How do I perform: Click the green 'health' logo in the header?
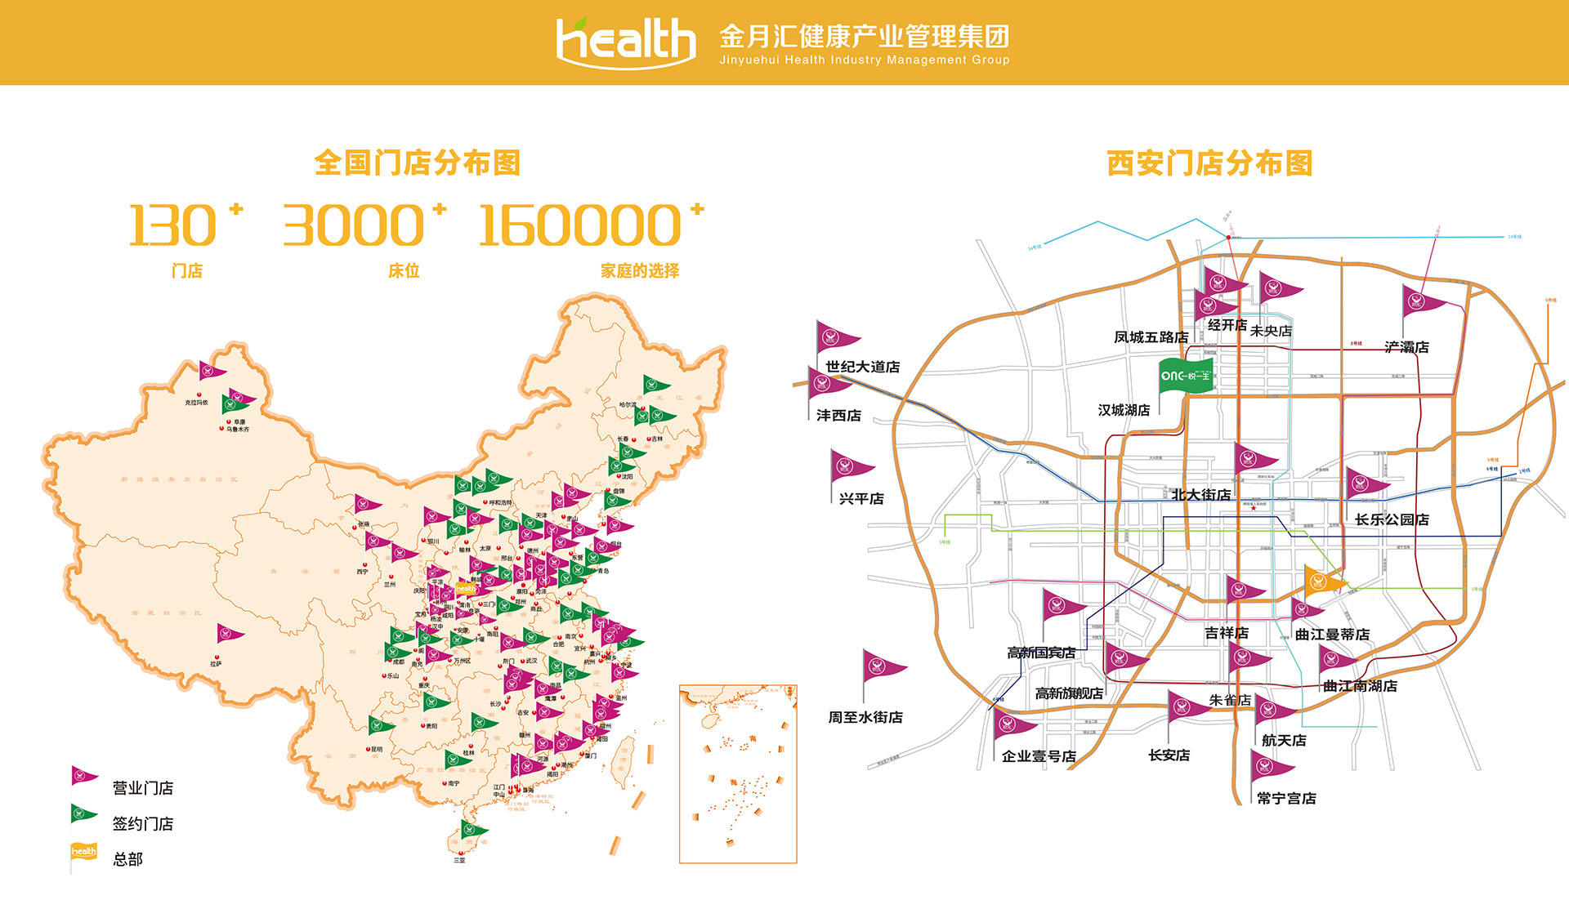coord(625,41)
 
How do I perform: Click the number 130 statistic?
coord(172,226)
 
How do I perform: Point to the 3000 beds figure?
coord(353,226)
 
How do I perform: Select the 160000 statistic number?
coord(579,226)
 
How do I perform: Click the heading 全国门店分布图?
coord(417,163)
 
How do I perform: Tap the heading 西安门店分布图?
coord(1209,163)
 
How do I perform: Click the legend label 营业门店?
coord(143,788)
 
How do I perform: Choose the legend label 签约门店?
coord(143,824)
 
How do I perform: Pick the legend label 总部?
coord(127,859)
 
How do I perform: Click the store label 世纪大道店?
coord(862,368)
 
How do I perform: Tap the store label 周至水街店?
coord(865,717)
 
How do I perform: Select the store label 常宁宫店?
coord(1286,799)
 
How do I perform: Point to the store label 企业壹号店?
coord(1039,756)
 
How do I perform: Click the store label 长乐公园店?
coord(1392,519)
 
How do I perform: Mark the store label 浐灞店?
coord(1406,347)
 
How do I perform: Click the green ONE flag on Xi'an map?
coord(1186,376)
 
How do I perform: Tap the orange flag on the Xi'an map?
coord(1321,581)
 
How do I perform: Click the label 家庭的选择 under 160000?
coord(640,271)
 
